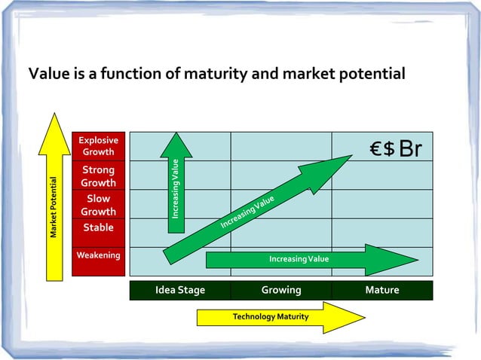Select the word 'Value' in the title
click(x=48, y=75)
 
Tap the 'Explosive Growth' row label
click(x=99, y=146)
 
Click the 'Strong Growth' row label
click(x=99, y=176)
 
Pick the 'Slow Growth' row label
click(x=99, y=205)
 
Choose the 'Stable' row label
click(x=99, y=227)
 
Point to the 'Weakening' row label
click(x=99, y=255)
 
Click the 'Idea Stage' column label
click(x=180, y=290)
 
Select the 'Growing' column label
click(x=281, y=290)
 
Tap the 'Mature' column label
click(x=382, y=290)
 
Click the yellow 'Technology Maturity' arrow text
click(x=271, y=317)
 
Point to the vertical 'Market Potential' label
click(x=54, y=207)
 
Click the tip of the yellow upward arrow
click(x=54, y=115)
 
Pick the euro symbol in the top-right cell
click(x=377, y=149)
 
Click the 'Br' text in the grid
click(x=411, y=149)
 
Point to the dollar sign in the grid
click(x=389, y=149)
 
